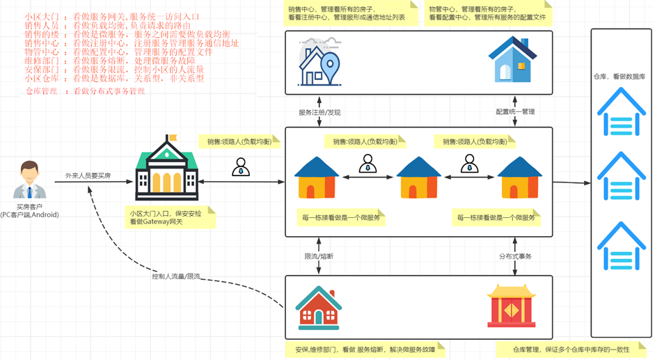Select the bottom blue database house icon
pos(619,246)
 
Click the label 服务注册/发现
pos(319,112)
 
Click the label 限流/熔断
pos(319,256)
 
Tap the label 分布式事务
pos(515,256)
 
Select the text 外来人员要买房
pos(88,175)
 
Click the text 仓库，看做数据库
pos(619,77)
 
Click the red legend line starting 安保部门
pos(114,70)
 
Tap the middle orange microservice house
pos(418,178)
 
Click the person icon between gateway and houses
pos(241,167)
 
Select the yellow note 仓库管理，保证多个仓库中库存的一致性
pos(571,350)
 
